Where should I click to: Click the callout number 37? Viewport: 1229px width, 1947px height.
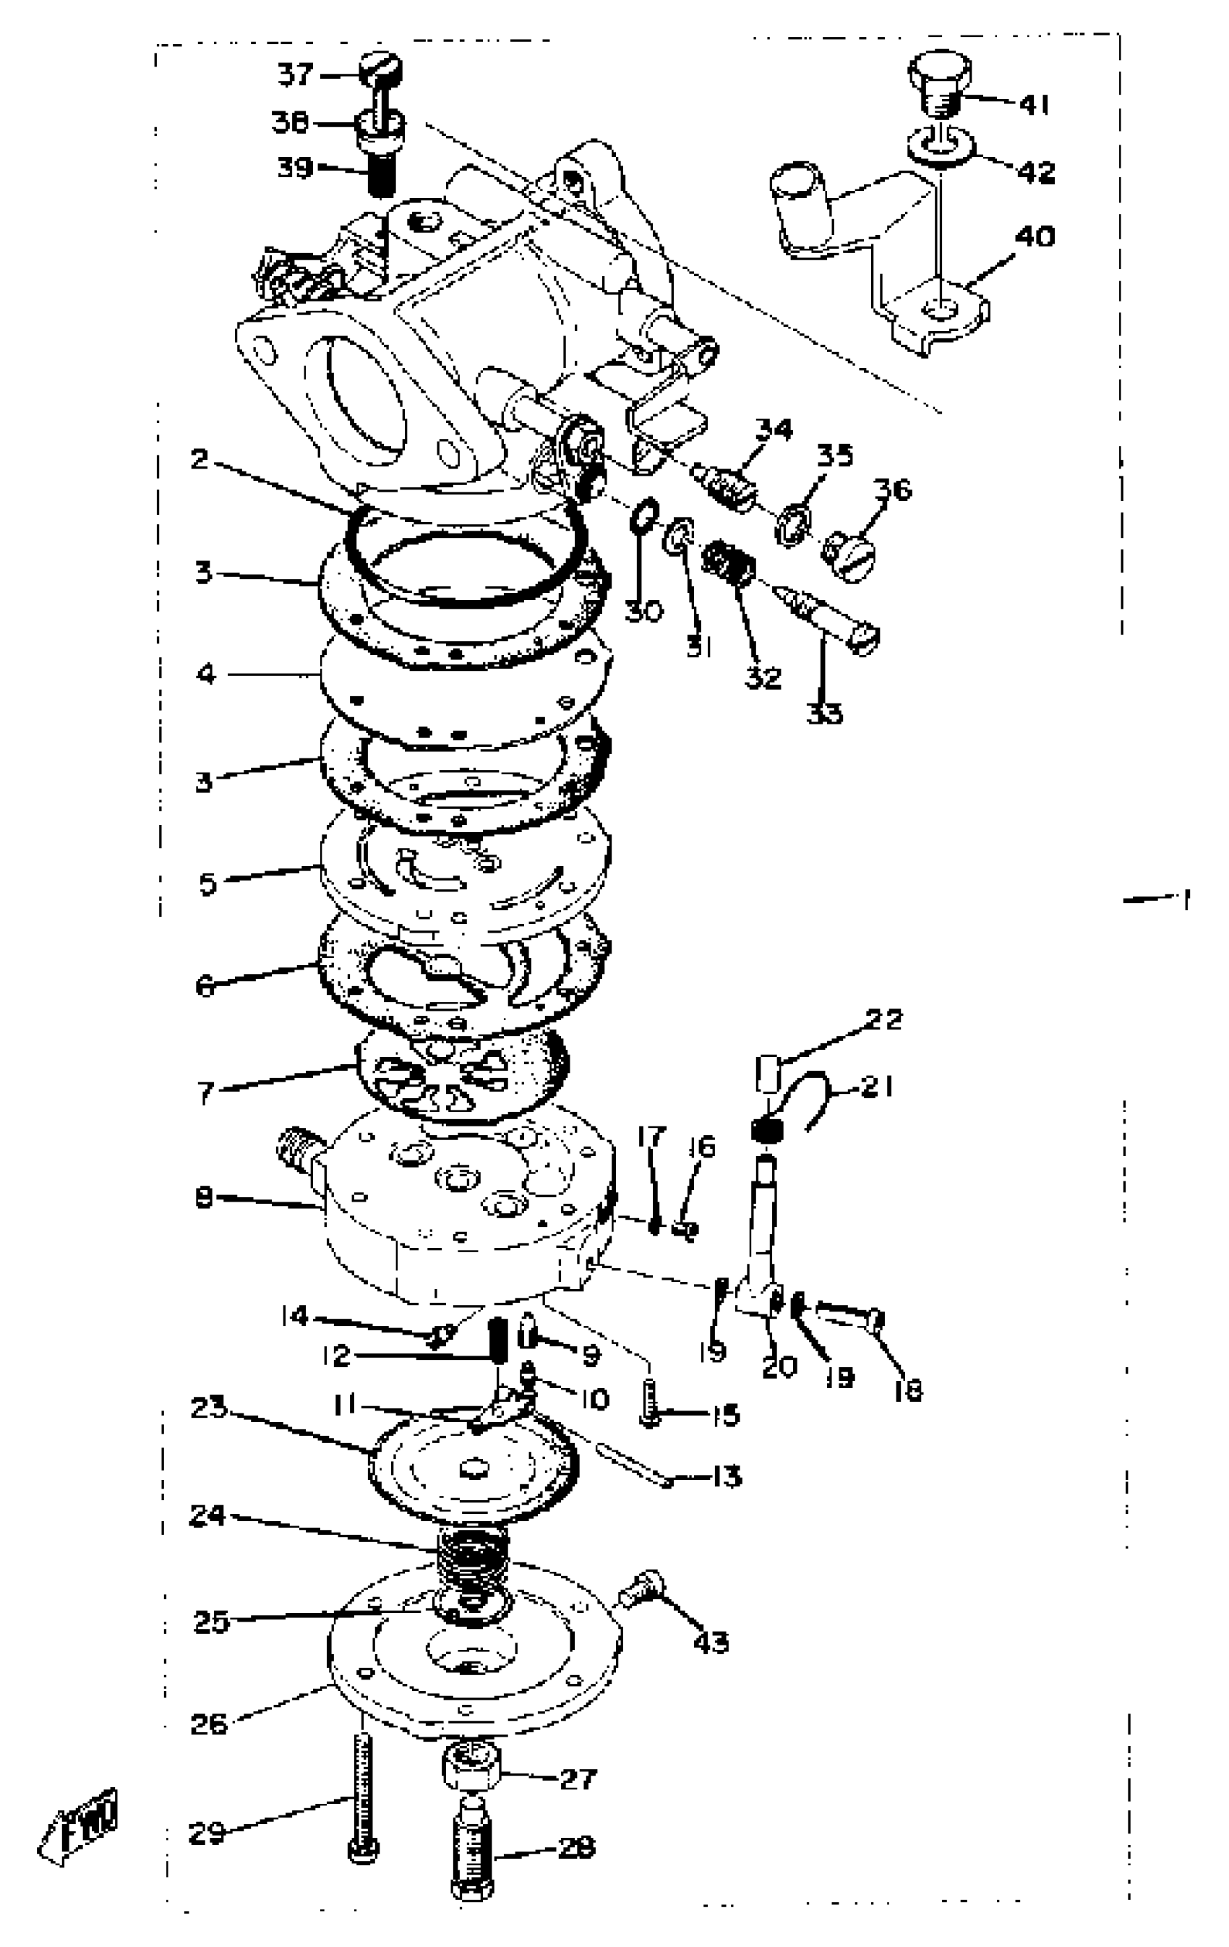[x=295, y=75]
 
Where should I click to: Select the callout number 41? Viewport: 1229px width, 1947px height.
[x=1033, y=104]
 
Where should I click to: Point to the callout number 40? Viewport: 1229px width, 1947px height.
[x=1034, y=237]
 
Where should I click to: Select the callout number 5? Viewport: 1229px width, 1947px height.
[x=209, y=883]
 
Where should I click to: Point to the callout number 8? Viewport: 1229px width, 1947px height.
[x=204, y=1197]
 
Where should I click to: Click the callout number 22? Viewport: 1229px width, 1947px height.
[x=883, y=1019]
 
